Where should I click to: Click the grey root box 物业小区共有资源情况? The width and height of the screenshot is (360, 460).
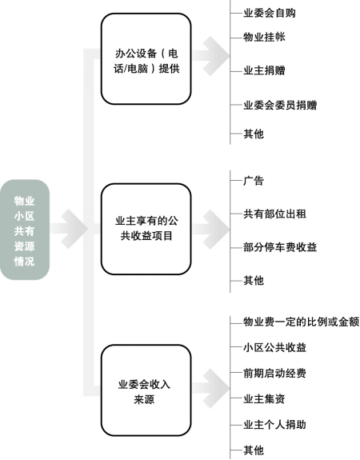coord(25,230)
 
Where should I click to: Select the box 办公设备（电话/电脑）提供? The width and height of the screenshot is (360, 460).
coord(146,59)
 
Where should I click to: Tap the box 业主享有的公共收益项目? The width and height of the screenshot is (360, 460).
coord(146,229)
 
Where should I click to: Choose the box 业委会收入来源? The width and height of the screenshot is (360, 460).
coord(146,390)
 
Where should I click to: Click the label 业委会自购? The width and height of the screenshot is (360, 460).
coord(270,13)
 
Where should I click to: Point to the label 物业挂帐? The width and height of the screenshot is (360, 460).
coord(264,38)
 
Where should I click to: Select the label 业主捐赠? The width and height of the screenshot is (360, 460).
coord(264,70)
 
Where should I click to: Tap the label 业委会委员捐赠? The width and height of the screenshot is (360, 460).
coord(280,105)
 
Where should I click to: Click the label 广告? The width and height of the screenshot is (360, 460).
coord(254,181)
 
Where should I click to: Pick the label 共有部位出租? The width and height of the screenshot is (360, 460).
coord(274,214)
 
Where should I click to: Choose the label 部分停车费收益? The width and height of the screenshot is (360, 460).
coord(280,247)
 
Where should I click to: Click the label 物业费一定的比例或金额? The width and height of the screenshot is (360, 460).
coord(301,322)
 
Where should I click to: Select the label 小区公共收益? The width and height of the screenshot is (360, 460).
coord(274,347)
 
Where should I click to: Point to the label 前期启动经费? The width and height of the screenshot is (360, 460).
coord(274,373)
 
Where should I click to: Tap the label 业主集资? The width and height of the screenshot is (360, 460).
coord(264,398)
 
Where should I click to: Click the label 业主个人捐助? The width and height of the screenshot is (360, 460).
coord(274,425)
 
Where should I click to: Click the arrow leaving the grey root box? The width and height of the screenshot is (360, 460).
coord(70,229)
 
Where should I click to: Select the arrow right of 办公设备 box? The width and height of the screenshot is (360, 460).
coord(210,56)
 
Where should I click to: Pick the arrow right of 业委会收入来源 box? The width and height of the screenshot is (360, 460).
coord(210,389)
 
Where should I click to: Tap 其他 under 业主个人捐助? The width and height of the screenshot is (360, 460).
coord(254,450)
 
